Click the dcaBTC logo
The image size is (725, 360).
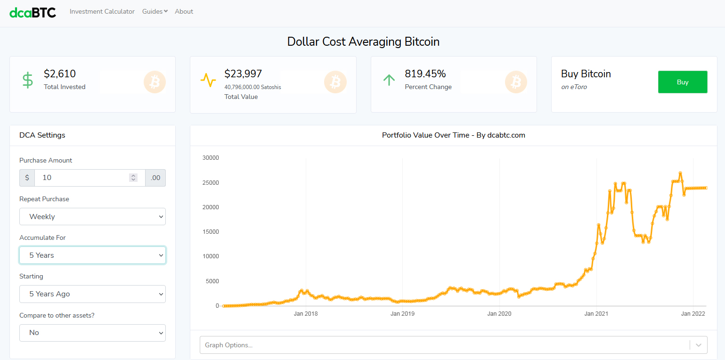(x=33, y=12)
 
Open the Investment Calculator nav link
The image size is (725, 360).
(x=102, y=11)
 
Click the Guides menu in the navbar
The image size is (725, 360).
(x=155, y=11)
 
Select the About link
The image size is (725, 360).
(x=184, y=11)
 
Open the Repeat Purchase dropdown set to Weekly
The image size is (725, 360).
(x=92, y=217)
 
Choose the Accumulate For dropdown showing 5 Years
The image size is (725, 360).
(x=92, y=255)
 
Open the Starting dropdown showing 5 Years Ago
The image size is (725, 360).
(x=92, y=294)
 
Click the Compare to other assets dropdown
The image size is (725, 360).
(x=92, y=333)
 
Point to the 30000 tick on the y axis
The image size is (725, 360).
(x=211, y=158)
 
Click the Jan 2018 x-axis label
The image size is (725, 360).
(x=306, y=314)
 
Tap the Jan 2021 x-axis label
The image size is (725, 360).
(x=596, y=314)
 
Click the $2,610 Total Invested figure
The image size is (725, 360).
(x=60, y=74)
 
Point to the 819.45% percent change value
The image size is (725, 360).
(x=425, y=74)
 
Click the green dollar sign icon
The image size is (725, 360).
(x=28, y=80)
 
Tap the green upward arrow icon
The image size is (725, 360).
(x=389, y=80)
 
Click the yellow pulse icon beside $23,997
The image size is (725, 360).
(x=208, y=80)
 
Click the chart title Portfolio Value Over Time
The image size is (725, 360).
(x=453, y=135)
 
